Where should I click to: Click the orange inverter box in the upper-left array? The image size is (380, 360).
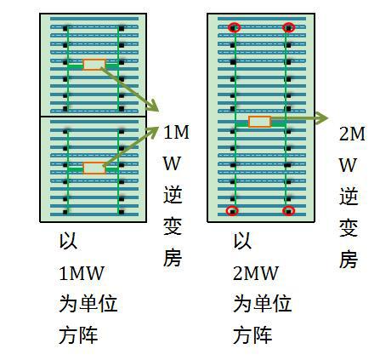(x=94, y=65)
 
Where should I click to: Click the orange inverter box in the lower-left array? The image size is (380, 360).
(x=94, y=168)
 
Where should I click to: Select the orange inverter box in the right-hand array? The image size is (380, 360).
(x=260, y=122)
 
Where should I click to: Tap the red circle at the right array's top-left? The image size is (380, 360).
(x=234, y=28)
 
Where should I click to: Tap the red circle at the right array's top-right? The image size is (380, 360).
(x=289, y=28)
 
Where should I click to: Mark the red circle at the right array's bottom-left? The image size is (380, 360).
(x=233, y=211)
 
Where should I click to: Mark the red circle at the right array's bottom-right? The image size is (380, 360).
(x=289, y=211)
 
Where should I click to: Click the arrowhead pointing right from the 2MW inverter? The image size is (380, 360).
(x=321, y=118)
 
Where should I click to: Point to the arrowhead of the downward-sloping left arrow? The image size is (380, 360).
(x=152, y=106)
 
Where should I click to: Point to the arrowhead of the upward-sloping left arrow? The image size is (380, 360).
(x=152, y=132)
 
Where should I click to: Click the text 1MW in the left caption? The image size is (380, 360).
(x=82, y=273)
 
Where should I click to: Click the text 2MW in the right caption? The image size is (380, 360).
(x=256, y=273)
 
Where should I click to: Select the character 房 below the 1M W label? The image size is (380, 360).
(x=173, y=258)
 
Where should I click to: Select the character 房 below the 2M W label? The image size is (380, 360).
(x=349, y=259)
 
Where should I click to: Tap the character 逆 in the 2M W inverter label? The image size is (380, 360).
(x=349, y=196)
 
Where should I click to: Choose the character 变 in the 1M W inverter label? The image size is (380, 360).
(x=173, y=226)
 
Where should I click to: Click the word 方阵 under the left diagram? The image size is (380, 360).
(x=78, y=335)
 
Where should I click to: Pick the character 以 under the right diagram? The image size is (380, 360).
(x=242, y=241)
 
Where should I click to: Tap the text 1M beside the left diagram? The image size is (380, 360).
(x=176, y=132)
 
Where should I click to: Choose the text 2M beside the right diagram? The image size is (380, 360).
(x=352, y=134)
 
